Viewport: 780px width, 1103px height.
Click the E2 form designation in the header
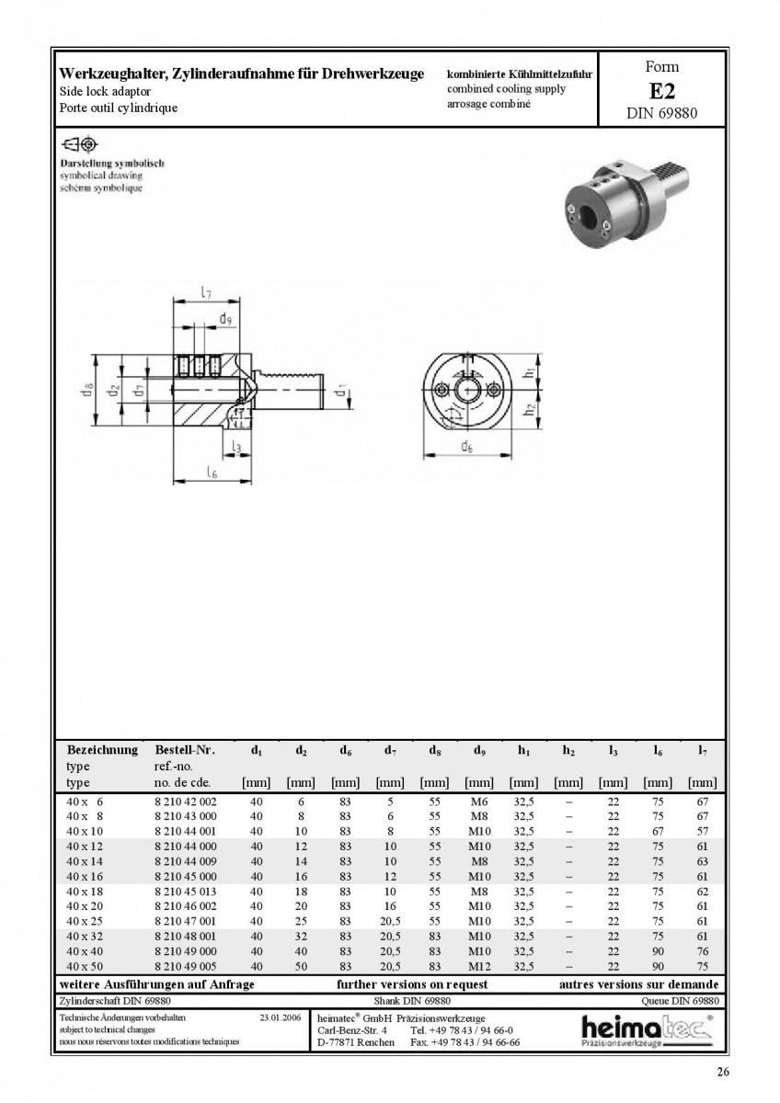point(661,91)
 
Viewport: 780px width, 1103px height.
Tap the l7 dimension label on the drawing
point(206,292)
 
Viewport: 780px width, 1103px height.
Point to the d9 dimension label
point(225,319)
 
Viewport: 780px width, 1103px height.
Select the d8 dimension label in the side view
point(86,390)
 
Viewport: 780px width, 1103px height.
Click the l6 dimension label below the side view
point(212,472)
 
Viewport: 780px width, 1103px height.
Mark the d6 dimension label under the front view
point(466,447)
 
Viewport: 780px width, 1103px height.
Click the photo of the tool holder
point(625,202)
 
